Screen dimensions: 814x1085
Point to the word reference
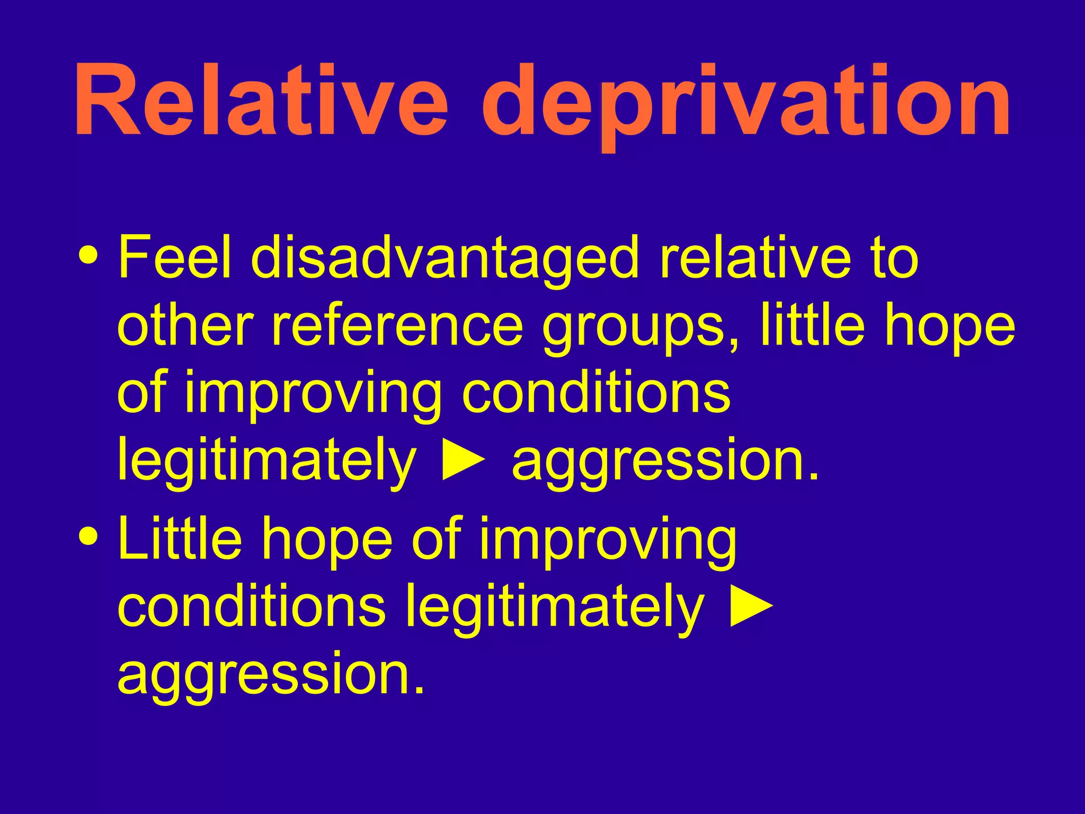397,326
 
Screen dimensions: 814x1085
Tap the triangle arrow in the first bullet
464,460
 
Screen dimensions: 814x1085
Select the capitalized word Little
180,539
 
